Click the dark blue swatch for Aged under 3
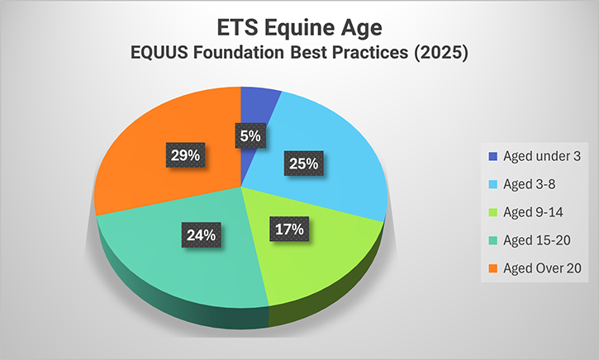pyautogui.click(x=493, y=154)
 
